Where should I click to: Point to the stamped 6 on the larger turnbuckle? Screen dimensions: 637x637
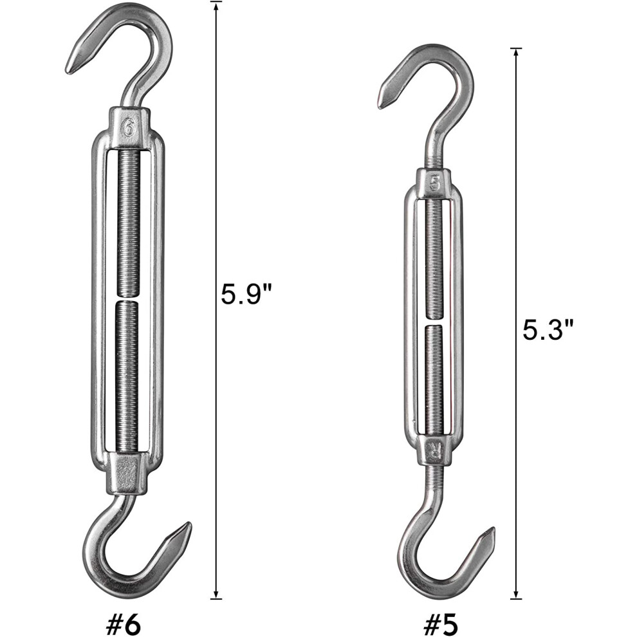(x=129, y=129)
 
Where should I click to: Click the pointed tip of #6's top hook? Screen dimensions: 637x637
(x=68, y=72)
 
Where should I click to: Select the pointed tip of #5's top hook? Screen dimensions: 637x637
(x=380, y=106)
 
